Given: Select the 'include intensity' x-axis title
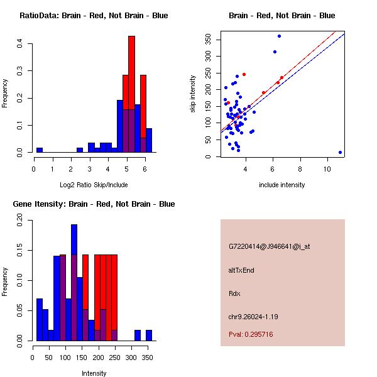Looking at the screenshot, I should click(281, 185).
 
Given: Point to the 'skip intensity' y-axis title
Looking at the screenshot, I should click(193, 94).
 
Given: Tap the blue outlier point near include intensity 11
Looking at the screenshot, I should click(340, 152).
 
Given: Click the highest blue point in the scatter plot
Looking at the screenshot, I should click(279, 36).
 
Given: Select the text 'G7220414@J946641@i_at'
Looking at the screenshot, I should click(269, 246).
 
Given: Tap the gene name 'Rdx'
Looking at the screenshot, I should click(234, 293).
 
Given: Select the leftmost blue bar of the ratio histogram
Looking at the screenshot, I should click(40, 150).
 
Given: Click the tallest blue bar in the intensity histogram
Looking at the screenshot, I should click(74, 283).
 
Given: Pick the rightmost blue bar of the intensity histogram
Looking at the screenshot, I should click(149, 336).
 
